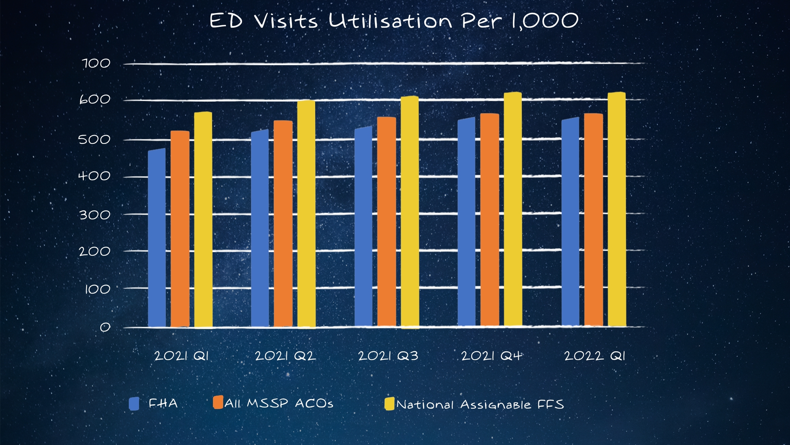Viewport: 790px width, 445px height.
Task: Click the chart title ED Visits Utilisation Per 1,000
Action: pyautogui.click(x=394, y=21)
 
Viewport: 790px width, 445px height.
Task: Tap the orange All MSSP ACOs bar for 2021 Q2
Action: pyautogui.click(x=283, y=224)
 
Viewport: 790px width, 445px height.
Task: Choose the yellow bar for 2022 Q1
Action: pyautogui.click(x=617, y=209)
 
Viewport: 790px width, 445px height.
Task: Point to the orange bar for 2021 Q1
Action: pyautogui.click(x=180, y=229)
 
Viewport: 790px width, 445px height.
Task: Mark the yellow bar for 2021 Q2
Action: pyautogui.click(x=306, y=214)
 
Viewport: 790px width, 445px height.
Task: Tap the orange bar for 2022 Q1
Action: pyautogui.click(x=593, y=220)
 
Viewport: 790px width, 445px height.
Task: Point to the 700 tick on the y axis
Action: pyautogui.click(x=96, y=63)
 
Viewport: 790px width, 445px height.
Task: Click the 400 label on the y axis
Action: pyautogui.click(x=94, y=176)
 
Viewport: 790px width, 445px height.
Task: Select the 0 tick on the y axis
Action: pyautogui.click(x=105, y=327)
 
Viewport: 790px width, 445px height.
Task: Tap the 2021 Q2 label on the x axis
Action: pyautogui.click(x=285, y=356)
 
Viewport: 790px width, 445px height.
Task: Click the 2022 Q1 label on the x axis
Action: pyautogui.click(x=595, y=356)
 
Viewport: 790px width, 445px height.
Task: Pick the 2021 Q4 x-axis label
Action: pyautogui.click(x=492, y=356)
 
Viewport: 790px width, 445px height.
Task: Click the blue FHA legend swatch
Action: pyautogui.click(x=134, y=404)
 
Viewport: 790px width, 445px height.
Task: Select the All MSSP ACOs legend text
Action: pyautogui.click(x=279, y=404)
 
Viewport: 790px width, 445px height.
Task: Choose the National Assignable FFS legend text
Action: pyautogui.click(x=480, y=404)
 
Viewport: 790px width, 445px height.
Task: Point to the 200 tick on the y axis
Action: pyautogui.click(x=94, y=251)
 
